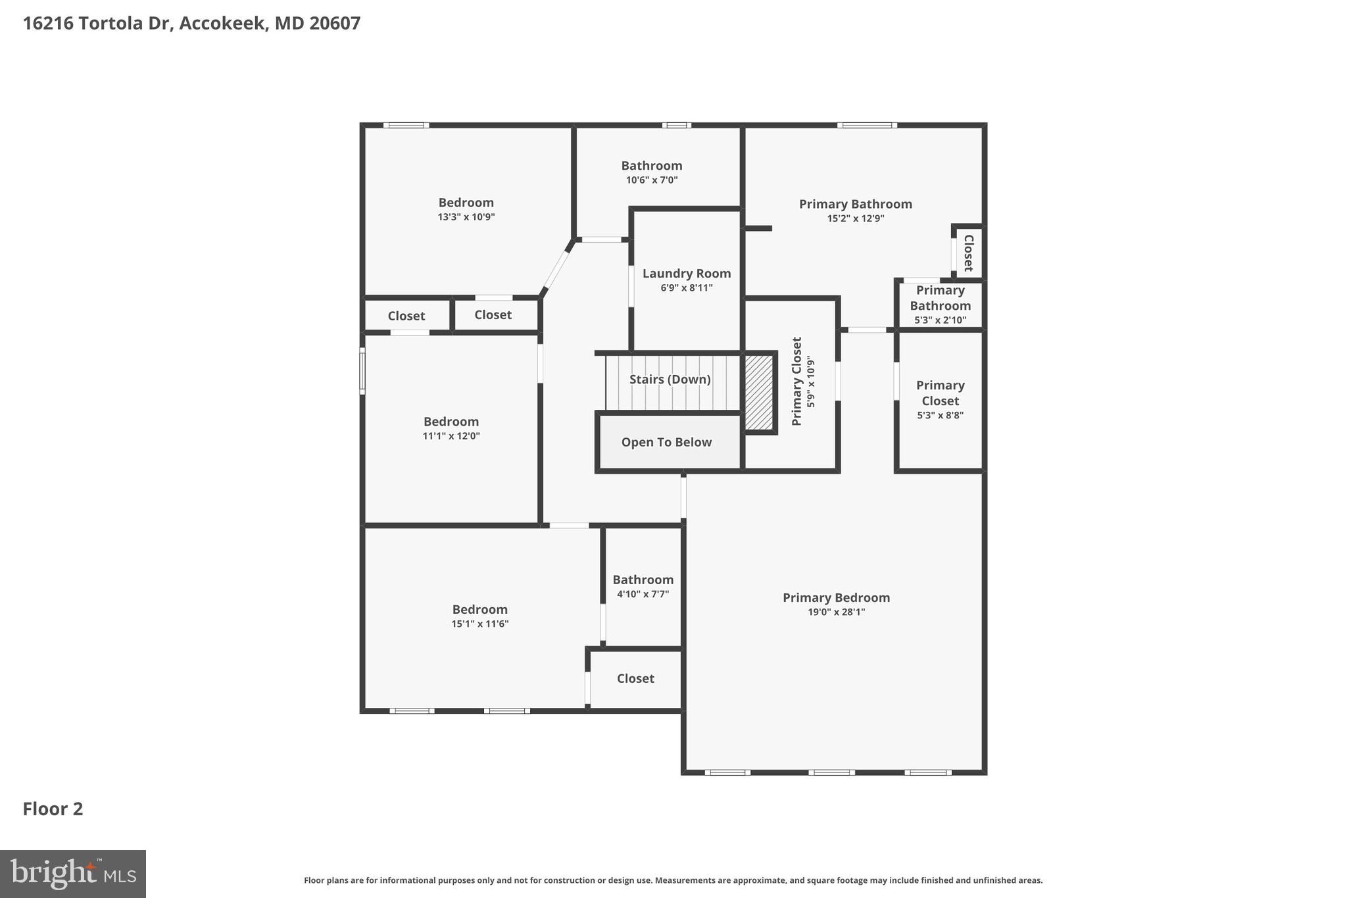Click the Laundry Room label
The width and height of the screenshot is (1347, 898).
(686, 274)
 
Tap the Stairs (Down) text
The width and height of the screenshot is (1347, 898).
(670, 380)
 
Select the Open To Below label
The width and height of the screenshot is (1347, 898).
(666, 442)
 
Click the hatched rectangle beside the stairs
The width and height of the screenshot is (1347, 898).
(758, 393)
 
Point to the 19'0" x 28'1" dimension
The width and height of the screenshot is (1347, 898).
(836, 612)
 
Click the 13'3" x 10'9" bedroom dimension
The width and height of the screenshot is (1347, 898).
(466, 217)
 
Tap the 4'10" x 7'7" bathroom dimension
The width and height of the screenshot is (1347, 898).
(643, 594)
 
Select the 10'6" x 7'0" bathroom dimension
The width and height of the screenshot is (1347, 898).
(651, 180)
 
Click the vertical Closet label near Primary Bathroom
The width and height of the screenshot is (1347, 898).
(968, 253)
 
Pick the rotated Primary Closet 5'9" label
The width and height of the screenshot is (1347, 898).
(796, 382)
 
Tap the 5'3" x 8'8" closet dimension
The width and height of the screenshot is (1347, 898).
(940, 415)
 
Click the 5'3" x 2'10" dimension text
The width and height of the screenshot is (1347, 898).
(940, 320)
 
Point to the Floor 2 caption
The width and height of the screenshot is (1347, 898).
(53, 809)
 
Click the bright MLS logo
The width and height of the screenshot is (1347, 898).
(72, 874)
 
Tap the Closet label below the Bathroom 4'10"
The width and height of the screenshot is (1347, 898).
(635, 678)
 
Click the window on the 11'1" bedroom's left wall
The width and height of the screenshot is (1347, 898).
(362, 371)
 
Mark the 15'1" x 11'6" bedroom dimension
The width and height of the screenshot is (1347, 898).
(479, 624)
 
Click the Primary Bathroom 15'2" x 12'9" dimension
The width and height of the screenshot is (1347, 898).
(855, 218)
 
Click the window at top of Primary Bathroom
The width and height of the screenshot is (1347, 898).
(867, 125)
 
